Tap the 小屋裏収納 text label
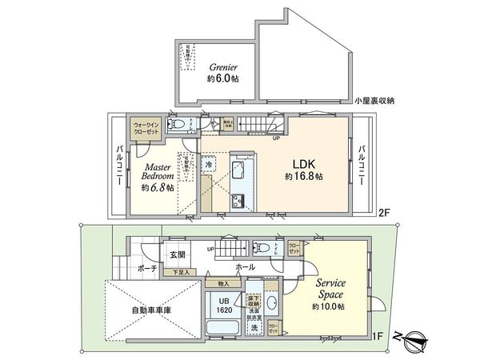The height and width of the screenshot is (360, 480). pyautogui.click(x=378, y=102)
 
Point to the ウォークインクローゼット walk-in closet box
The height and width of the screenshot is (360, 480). pyautogui.click(x=146, y=129)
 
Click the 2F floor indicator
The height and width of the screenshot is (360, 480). pyautogui.click(x=384, y=212)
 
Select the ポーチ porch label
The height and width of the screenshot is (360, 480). pyautogui.click(x=147, y=269)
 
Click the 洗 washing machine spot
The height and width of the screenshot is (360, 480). pyautogui.click(x=254, y=327)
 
